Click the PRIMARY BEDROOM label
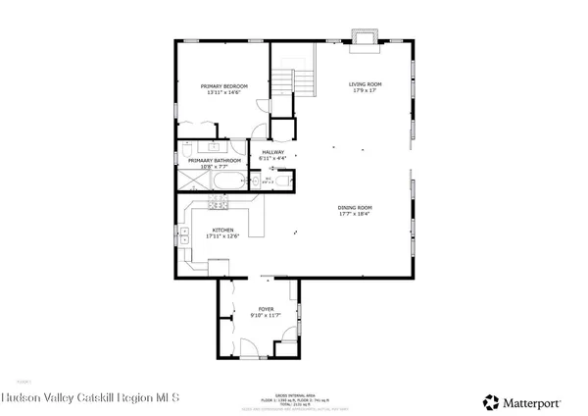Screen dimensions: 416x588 [x=223, y=86]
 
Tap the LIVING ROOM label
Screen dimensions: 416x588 [x=366, y=84]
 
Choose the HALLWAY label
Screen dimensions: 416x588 [x=272, y=152]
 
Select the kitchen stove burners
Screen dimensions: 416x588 [x=219, y=203]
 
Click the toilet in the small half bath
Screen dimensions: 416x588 [x=284, y=181]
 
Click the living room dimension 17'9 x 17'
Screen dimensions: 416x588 [x=366, y=92]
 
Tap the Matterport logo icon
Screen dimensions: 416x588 [x=489, y=401]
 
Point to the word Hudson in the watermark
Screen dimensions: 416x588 [x=22, y=397]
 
